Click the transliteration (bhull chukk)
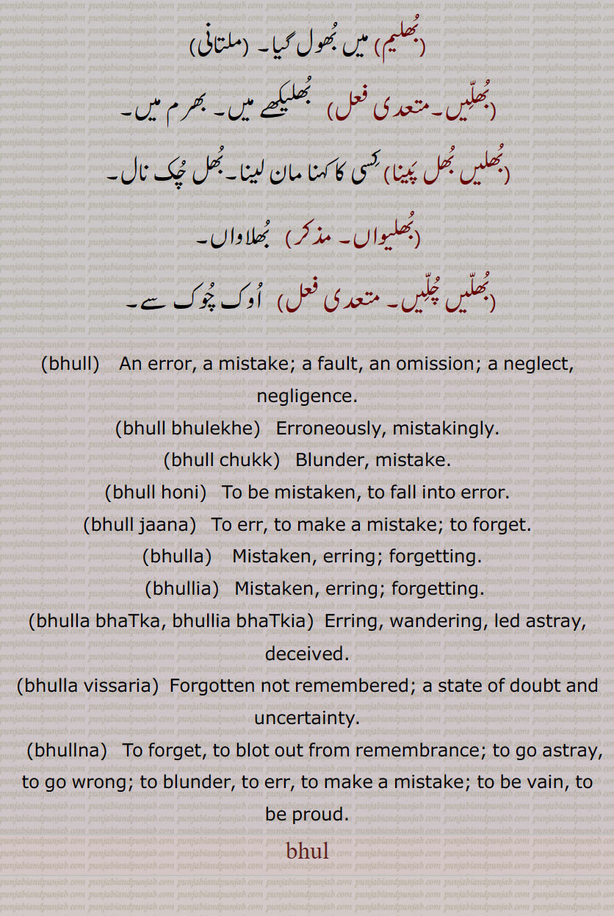(x=222, y=460)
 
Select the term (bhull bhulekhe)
(x=188, y=428)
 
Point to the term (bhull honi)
(x=156, y=493)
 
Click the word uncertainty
(x=307, y=718)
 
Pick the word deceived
(x=306, y=654)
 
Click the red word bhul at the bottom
(x=307, y=851)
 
